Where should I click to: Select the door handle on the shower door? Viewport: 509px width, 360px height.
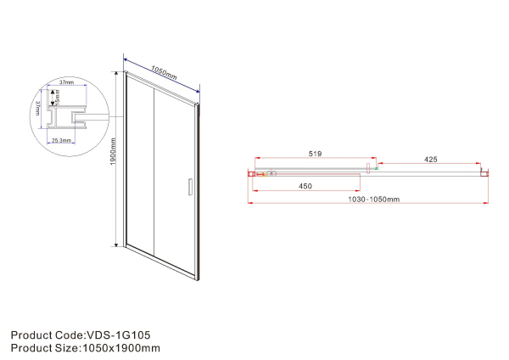click(189, 188)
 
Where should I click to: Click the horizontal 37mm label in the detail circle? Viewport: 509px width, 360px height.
click(67, 83)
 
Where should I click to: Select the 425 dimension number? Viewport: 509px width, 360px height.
click(430, 159)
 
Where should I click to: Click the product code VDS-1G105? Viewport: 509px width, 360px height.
click(119, 335)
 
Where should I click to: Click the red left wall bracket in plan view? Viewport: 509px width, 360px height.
click(252, 173)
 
